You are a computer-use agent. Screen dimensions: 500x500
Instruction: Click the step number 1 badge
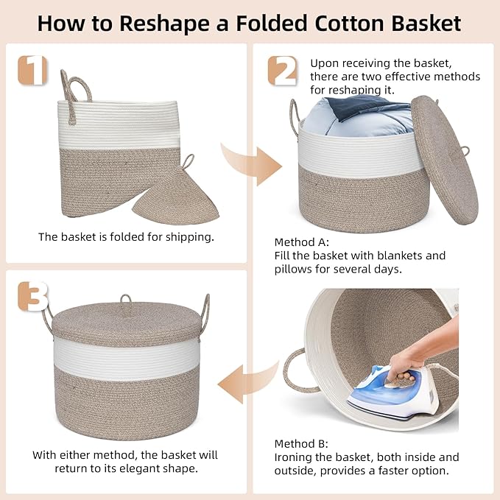tap(32, 70)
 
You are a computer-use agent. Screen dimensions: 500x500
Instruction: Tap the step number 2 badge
tap(282, 71)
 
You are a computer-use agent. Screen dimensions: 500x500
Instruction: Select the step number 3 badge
tap(33, 296)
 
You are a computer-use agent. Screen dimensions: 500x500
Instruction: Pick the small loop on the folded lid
tap(189, 162)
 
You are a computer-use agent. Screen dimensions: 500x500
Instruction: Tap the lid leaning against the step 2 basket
tap(445, 160)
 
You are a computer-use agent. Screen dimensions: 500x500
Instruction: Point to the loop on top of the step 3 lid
tap(126, 300)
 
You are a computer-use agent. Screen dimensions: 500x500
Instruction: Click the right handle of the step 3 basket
tap(205, 316)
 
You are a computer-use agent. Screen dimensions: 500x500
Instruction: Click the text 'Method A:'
tap(301, 242)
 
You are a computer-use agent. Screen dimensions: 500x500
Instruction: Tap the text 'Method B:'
tap(301, 444)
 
